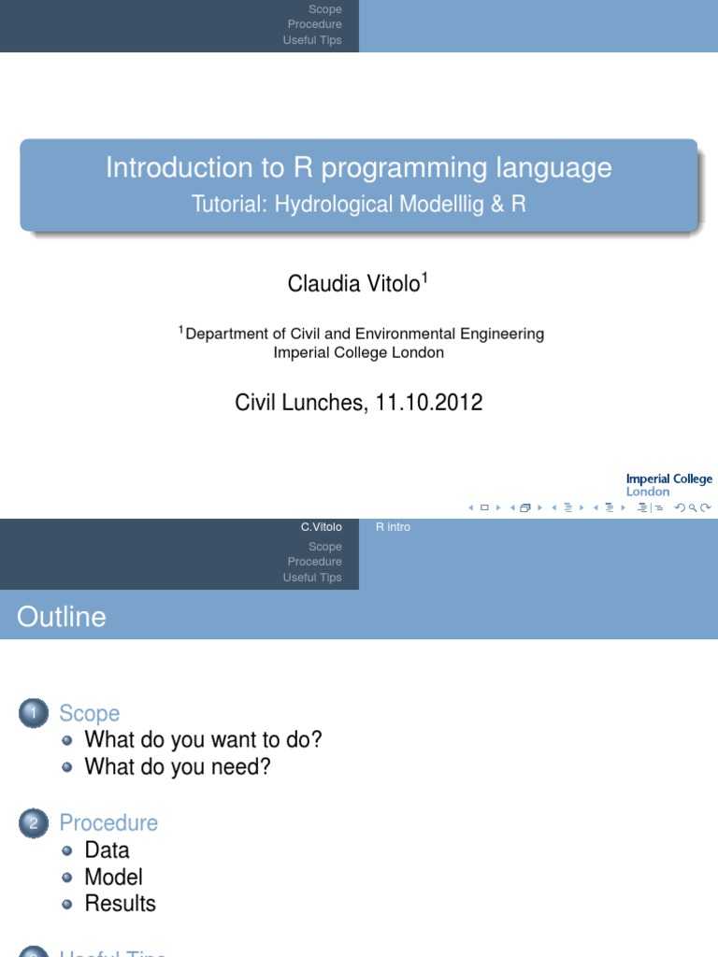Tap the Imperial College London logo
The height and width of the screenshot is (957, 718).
[668, 485]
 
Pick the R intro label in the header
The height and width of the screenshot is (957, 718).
[393, 527]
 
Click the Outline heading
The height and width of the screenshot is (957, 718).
[61, 617]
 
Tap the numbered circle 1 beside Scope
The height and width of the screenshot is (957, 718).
[32, 714]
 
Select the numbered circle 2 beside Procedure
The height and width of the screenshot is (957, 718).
[32, 823]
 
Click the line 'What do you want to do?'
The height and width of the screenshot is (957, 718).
[203, 740]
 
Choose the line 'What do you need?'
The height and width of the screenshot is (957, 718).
[178, 767]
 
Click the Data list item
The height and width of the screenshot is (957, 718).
[107, 850]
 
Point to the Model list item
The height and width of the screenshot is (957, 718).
[113, 877]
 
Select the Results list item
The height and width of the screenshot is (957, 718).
[120, 904]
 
